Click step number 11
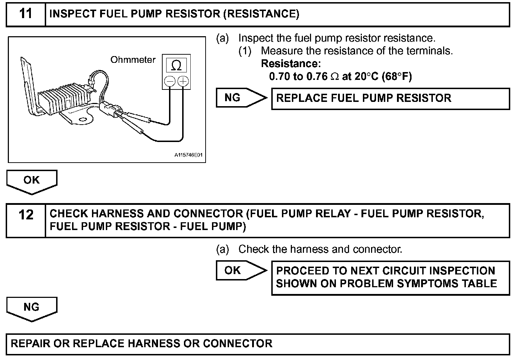coord(26,14)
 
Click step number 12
coord(26,215)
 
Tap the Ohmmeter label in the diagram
coord(133,60)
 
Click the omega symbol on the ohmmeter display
coord(176,65)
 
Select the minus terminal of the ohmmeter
coord(170,82)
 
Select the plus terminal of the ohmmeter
coord(183,82)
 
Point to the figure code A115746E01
coord(190,155)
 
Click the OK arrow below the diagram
coord(32,181)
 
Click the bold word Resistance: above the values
coord(291,64)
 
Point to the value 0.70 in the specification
coord(279,77)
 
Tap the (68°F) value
coord(397,77)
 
